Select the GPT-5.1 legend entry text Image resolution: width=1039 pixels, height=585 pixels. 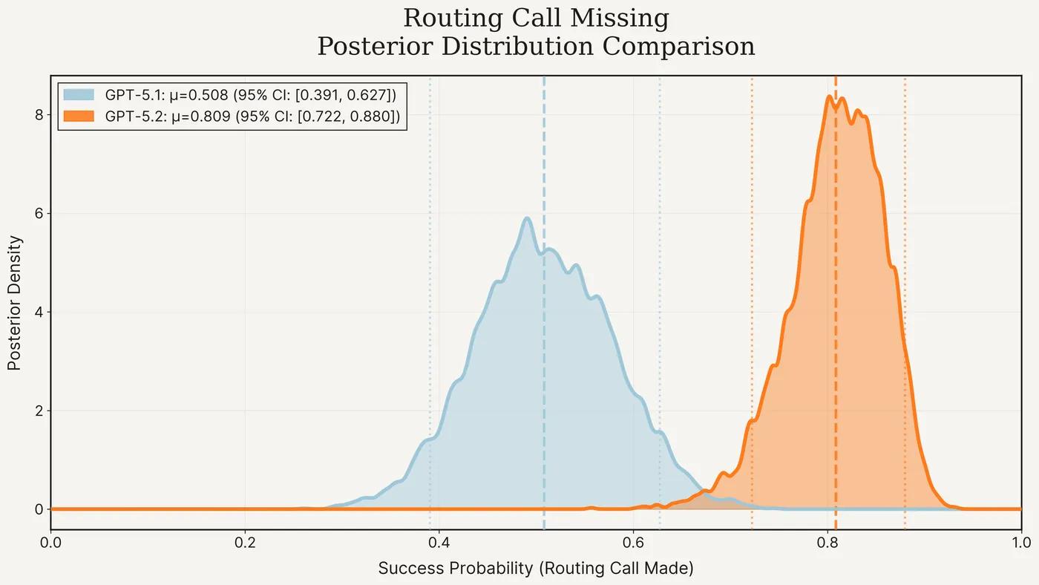click(251, 94)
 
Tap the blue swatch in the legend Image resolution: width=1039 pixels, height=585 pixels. click(79, 94)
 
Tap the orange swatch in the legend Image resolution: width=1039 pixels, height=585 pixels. click(79, 116)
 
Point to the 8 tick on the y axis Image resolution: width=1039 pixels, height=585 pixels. click(36, 114)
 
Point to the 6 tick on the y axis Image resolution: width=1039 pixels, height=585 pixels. click(36, 213)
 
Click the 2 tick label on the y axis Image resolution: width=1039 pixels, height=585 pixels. click(36, 411)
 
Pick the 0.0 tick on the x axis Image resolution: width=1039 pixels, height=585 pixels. click(50, 543)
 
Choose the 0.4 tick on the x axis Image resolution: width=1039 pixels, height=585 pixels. click(439, 543)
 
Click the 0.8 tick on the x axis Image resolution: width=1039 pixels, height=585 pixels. click(827, 543)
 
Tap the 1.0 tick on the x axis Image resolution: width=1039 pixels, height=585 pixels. click(1021, 543)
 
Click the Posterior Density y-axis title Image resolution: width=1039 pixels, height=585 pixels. click(14, 302)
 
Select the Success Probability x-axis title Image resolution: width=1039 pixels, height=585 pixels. click(535, 569)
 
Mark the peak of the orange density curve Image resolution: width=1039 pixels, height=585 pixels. click(829, 97)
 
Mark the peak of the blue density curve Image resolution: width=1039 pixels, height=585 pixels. click(527, 218)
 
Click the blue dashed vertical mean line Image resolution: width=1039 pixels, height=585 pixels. click(544, 371)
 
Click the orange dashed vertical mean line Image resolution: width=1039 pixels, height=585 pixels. click(836, 334)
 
